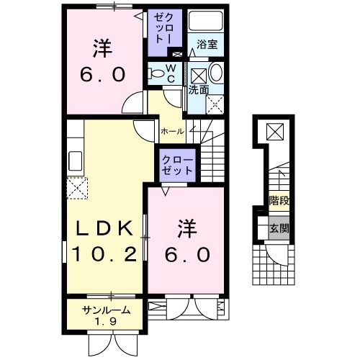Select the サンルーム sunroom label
click(x=106, y=310)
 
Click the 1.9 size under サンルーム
click(x=106, y=321)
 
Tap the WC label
click(x=171, y=72)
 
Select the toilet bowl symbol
click(x=156, y=73)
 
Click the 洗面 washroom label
click(x=199, y=90)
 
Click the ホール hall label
click(x=171, y=131)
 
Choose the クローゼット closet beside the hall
click(x=176, y=165)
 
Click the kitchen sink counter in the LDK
click(x=74, y=160)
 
